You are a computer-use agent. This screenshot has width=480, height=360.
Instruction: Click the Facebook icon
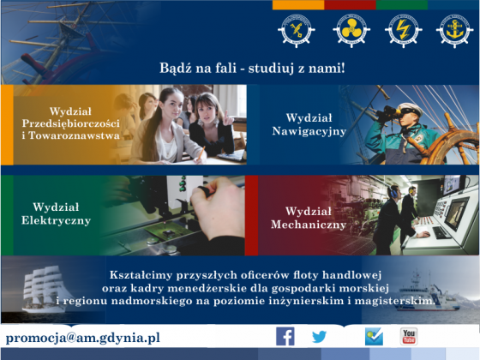285,336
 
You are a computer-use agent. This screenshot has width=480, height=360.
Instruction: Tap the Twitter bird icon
319,337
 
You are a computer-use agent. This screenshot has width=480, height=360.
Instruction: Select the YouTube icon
409,336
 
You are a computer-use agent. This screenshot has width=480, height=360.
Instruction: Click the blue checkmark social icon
374,336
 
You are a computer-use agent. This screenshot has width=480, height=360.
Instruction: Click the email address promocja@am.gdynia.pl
82,338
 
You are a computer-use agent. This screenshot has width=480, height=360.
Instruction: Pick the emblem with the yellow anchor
454,30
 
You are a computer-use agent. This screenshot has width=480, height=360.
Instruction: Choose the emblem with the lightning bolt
403,30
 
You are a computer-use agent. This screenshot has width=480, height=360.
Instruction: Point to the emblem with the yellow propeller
351,30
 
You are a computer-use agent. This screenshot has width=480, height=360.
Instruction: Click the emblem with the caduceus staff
297,30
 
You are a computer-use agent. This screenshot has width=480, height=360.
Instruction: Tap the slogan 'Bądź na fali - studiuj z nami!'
252,68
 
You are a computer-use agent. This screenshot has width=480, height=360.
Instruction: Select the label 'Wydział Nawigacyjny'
309,124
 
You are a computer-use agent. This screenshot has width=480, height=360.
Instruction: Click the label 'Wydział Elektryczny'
56,213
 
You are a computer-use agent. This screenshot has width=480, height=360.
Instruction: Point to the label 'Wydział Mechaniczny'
309,218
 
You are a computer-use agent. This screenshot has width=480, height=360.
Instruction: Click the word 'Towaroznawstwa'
74,135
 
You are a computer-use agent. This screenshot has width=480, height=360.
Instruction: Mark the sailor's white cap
411,109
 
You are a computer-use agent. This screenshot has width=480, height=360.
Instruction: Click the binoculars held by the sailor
388,112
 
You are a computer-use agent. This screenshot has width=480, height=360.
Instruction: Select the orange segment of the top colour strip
298,5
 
